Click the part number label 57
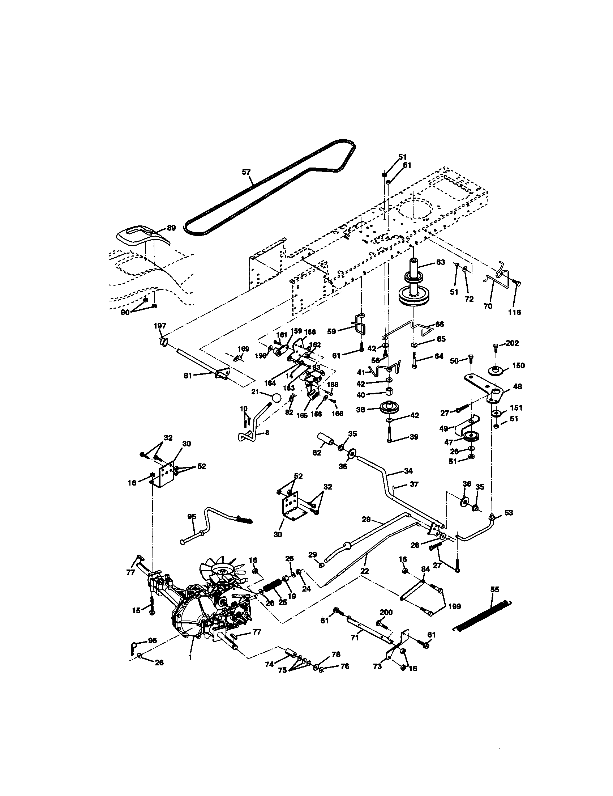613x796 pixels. [x=247, y=171]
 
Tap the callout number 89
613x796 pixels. [x=171, y=228]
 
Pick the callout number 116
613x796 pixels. [x=514, y=312]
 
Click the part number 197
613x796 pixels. [x=160, y=326]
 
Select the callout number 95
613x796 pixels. [x=192, y=516]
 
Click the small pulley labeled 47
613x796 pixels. [x=471, y=436]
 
